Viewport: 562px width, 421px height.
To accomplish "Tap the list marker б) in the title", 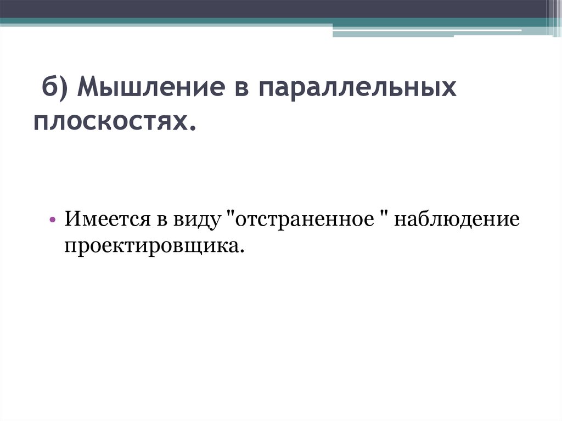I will (x=54, y=88).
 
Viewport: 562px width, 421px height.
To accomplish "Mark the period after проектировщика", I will (x=240, y=251).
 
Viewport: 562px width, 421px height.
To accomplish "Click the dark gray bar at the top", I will (x=274, y=9).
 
